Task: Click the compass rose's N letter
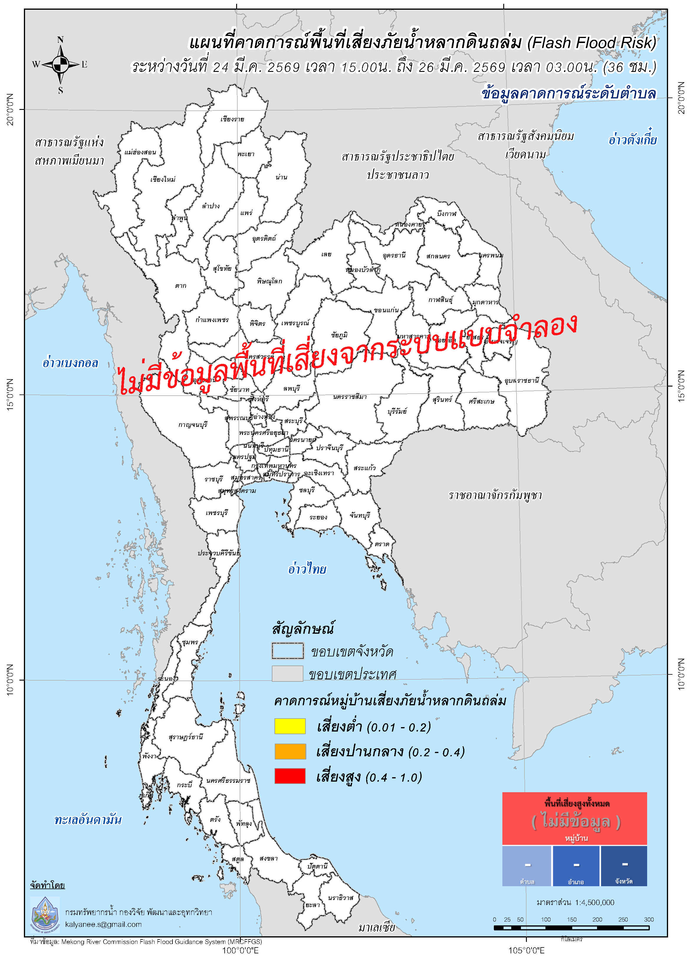point(60,40)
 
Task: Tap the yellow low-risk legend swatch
point(290,726)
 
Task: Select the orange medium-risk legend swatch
point(290,751)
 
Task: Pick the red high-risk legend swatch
point(290,776)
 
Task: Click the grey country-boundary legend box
point(287,674)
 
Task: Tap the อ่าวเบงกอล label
point(70,363)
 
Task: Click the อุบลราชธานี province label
point(521,380)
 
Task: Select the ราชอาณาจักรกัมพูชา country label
point(495,496)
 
